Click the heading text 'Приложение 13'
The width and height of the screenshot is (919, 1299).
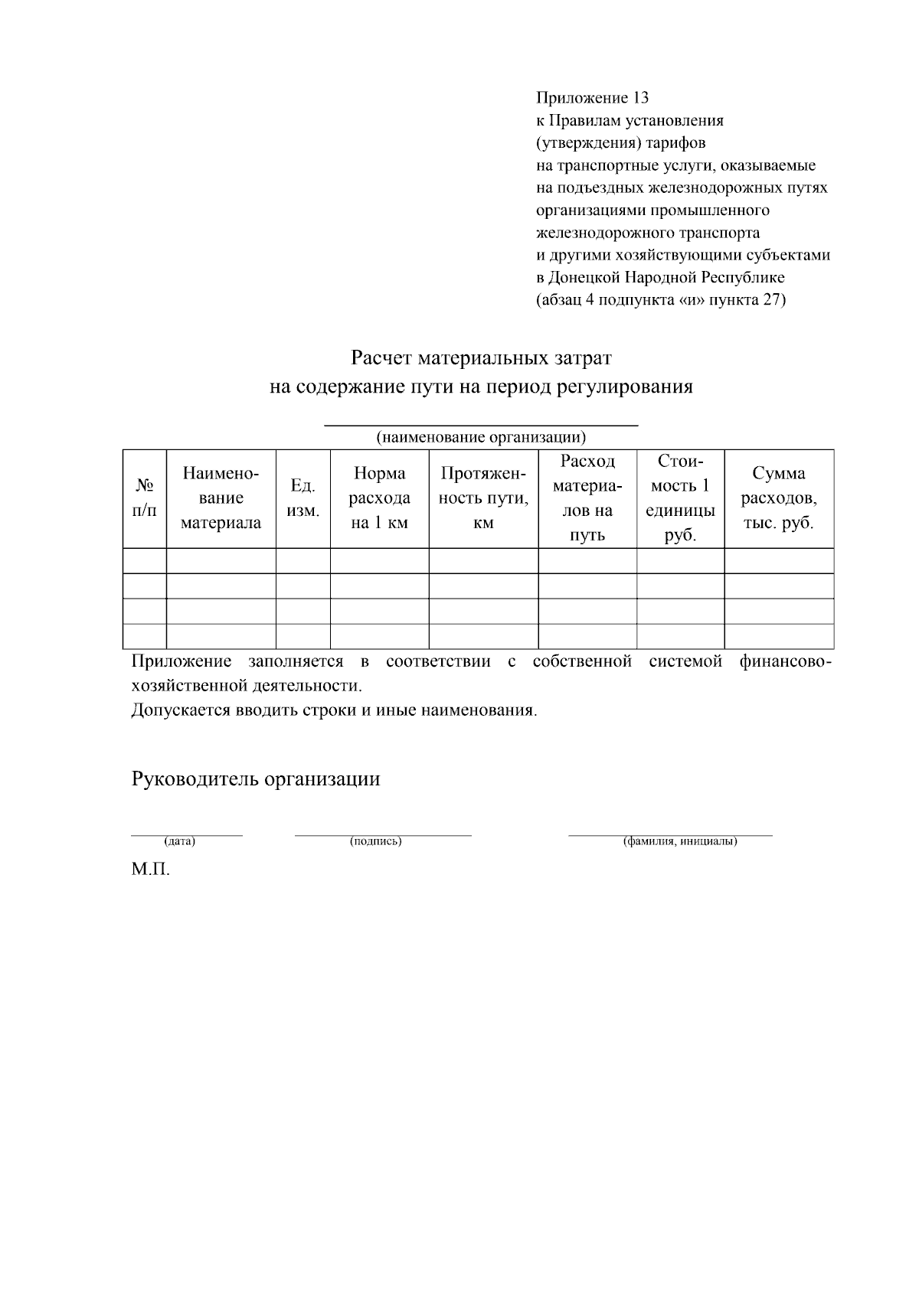[x=592, y=98]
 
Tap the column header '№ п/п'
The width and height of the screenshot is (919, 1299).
[x=145, y=498]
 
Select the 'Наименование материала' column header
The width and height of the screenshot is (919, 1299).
[x=221, y=498]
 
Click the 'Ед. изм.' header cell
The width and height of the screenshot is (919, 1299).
[x=303, y=498]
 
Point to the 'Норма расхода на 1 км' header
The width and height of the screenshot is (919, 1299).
[x=379, y=498]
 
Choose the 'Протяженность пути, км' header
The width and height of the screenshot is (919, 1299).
[x=483, y=498]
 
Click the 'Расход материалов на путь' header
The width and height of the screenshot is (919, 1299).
[x=587, y=498]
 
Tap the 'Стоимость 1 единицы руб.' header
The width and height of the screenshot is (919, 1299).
[x=680, y=498]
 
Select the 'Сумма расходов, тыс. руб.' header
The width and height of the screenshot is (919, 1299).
[x=778, y=498]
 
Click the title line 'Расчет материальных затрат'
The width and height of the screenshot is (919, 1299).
[x=481, y=358]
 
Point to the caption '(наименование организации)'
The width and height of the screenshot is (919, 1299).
[x=481, y=438]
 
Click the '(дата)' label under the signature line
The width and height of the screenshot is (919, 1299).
[x=180, y=841]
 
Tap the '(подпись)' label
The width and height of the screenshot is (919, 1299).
[x=376, y=841]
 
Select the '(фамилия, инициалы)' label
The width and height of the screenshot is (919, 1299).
[x=680, y=841]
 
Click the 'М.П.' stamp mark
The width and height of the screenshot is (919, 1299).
[x=150, y=870]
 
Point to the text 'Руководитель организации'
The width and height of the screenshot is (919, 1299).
[x=256, y=779]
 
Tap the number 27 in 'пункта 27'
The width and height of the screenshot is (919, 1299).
[x=770, y=299]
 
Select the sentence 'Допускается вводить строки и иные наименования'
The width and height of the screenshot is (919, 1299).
[x=334, y=710]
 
